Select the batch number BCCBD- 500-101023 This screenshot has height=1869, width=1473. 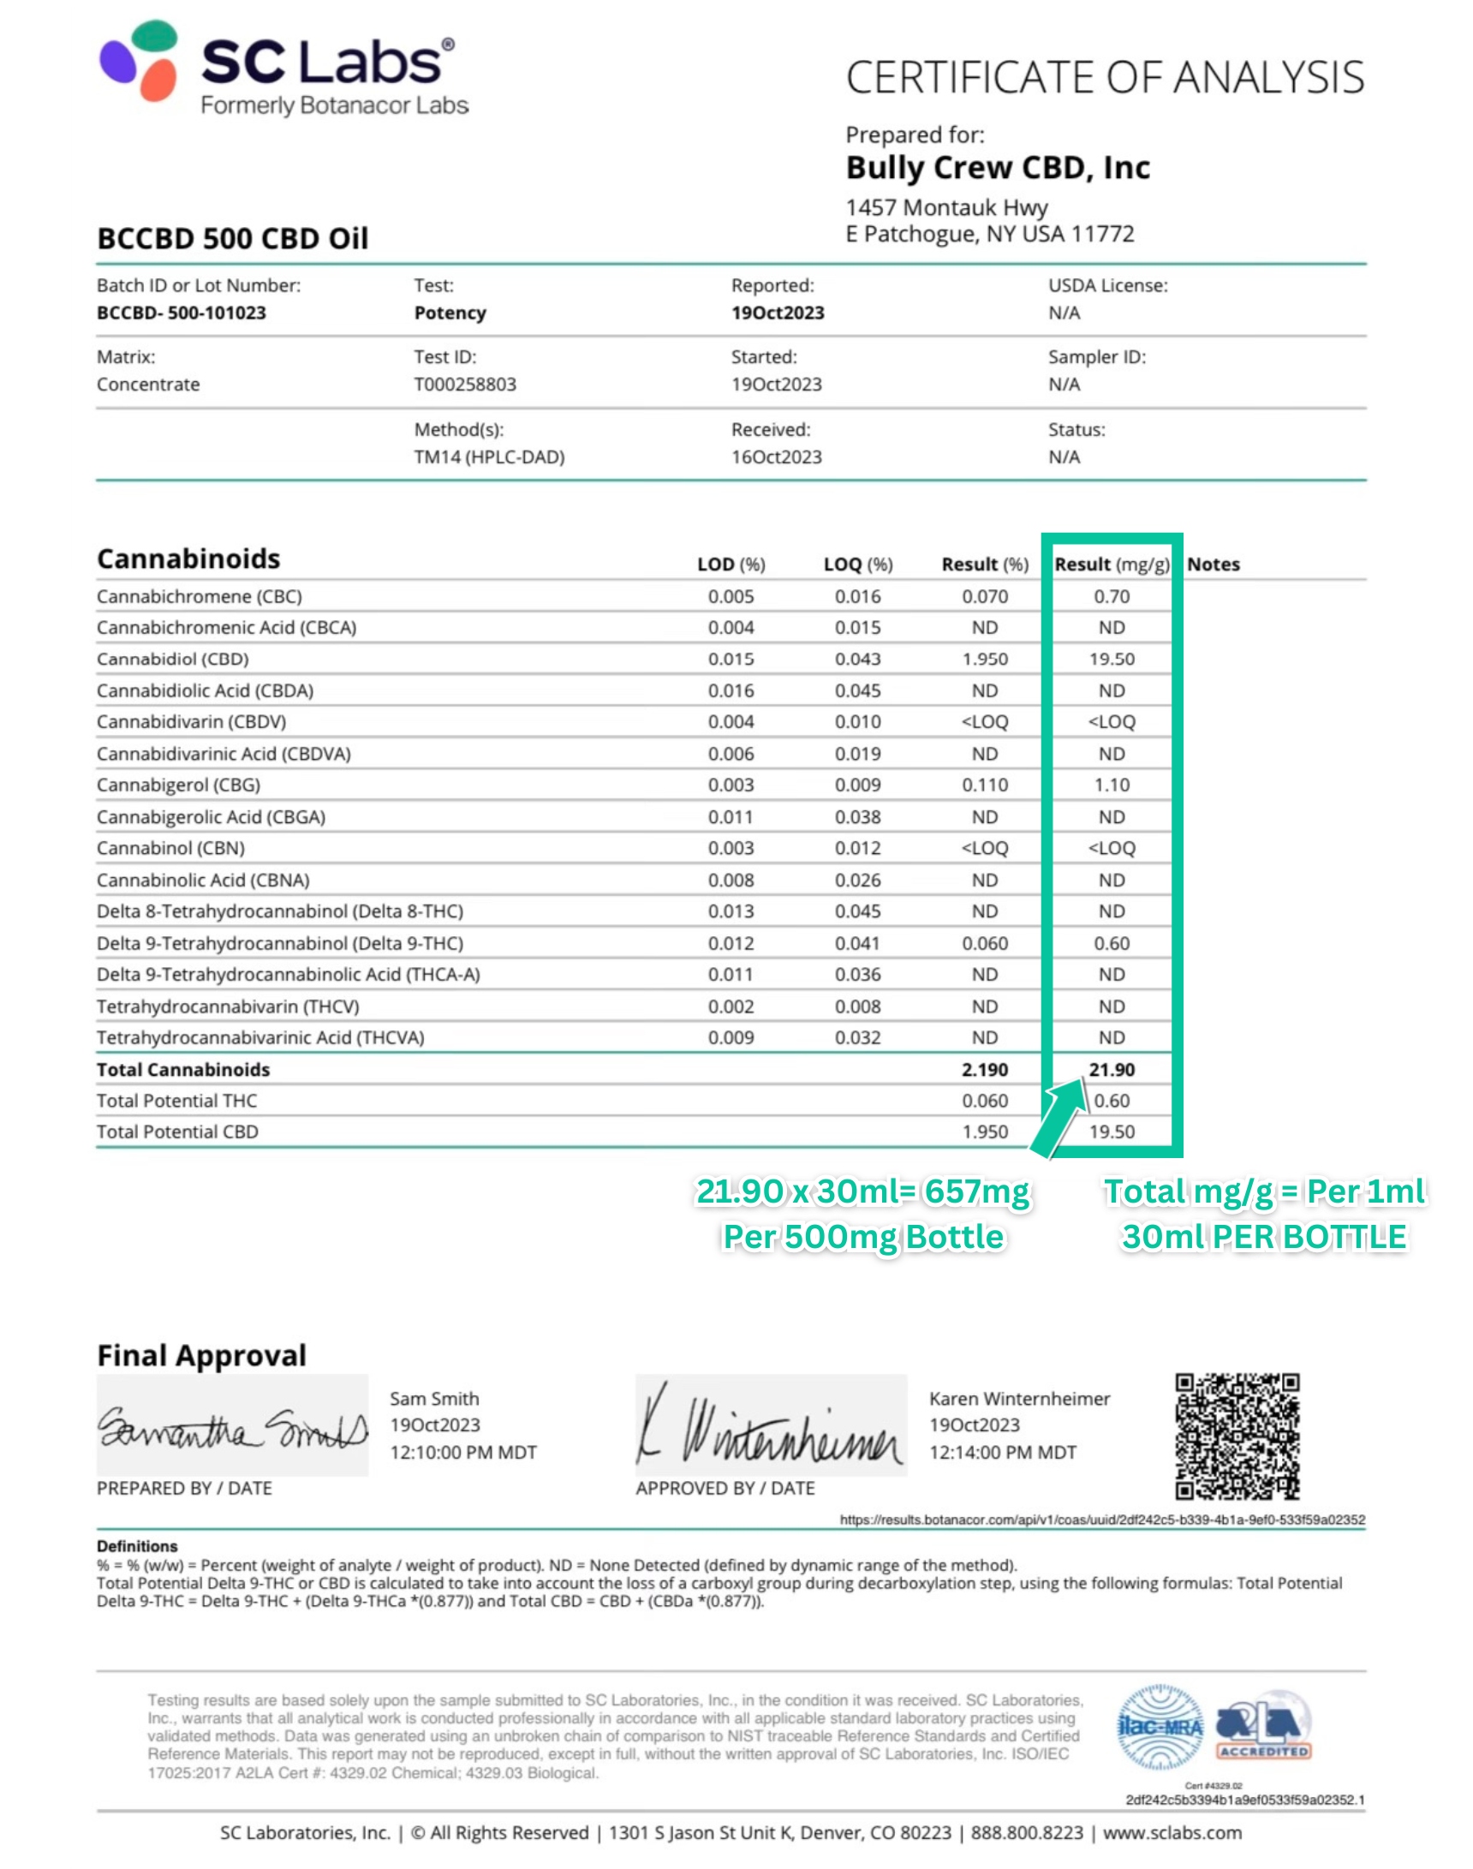click(x=181, y=313)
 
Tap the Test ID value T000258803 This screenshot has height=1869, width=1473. click(x=465, y=385)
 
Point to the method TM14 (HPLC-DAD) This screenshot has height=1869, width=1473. click(x=489, y=457)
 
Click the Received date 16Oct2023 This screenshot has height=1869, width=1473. click(x=776, y=457)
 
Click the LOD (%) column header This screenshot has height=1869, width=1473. click(x=731, y=564)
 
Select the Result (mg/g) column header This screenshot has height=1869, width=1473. click(x=1111, y=564)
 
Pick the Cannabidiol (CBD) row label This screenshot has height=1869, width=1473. click(x=172, y=659)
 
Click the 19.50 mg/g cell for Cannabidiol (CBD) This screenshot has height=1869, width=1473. click(x=1111, y=659)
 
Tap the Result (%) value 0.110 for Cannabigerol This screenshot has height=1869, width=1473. click(x=985, y=785)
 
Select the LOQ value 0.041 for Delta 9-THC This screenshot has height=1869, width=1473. click(x=857, y=944)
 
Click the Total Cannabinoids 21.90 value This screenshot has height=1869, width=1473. click(x=1111, y=1070)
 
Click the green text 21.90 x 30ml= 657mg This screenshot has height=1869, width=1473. click(x=862, y=1192)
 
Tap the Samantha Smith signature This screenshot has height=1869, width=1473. click(x=231, y=1429)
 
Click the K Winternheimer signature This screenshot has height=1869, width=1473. click(x=770, y=1427)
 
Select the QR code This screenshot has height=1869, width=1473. click(x=1237, y=1436)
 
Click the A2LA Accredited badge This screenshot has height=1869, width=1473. click(x=1263, y=1725)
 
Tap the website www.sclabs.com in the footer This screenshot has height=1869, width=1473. click(x=1172, y=1833)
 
